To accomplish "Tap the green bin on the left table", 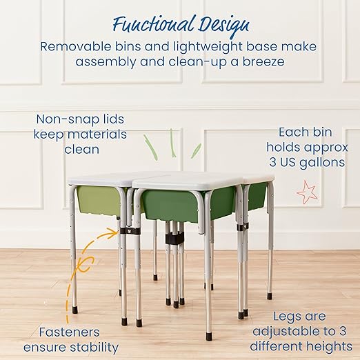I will click(x=98, y=201).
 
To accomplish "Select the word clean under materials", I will click(x=82, y=148).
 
